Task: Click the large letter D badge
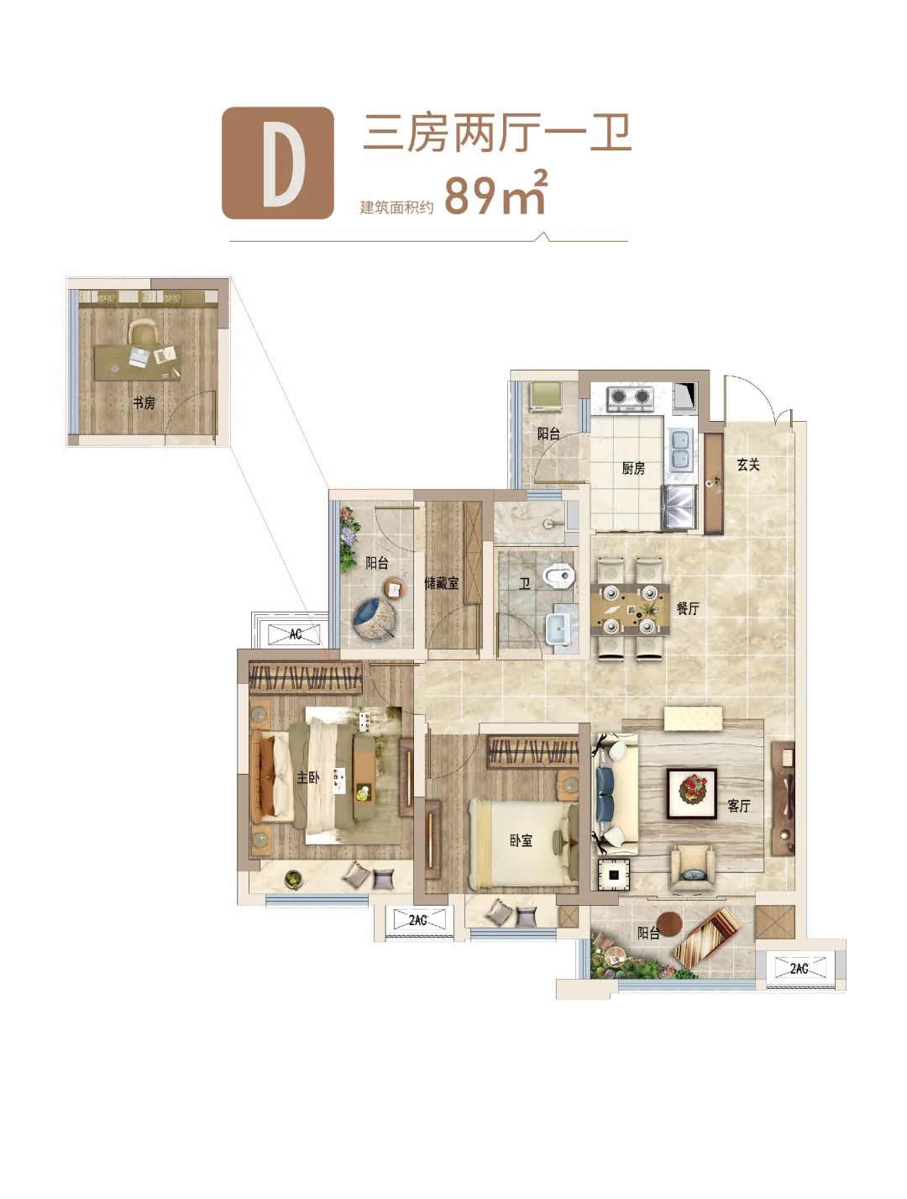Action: click(277, 163)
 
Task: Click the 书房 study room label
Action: click(144, 403)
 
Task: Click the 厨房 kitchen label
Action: click(632, 468)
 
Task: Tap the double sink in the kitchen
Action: click(681, 450)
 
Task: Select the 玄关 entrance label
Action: click(747, 465)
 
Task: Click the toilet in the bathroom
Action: click(558, 576)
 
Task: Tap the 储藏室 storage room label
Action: click(441, 583)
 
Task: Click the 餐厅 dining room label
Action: click(688, 608)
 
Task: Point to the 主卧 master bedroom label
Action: click(308, 777)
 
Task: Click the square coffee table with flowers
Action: click(691, 794)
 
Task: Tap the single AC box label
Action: click(296, 634)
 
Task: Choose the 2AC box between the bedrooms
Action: click(418, 920)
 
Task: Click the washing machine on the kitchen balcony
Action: click(546, 396)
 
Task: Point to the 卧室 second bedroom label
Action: click(521, 840)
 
